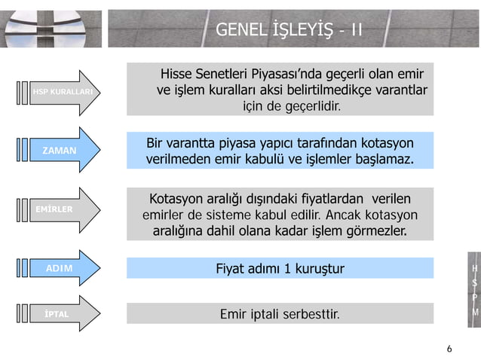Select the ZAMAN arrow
click(60, 151)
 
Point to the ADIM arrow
click(59, 267)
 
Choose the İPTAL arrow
click(56, 313)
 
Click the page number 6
click(449, 349)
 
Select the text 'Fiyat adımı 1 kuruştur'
click(280, 268)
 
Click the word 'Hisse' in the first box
click(179, 75)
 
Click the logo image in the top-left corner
click(51, 29)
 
